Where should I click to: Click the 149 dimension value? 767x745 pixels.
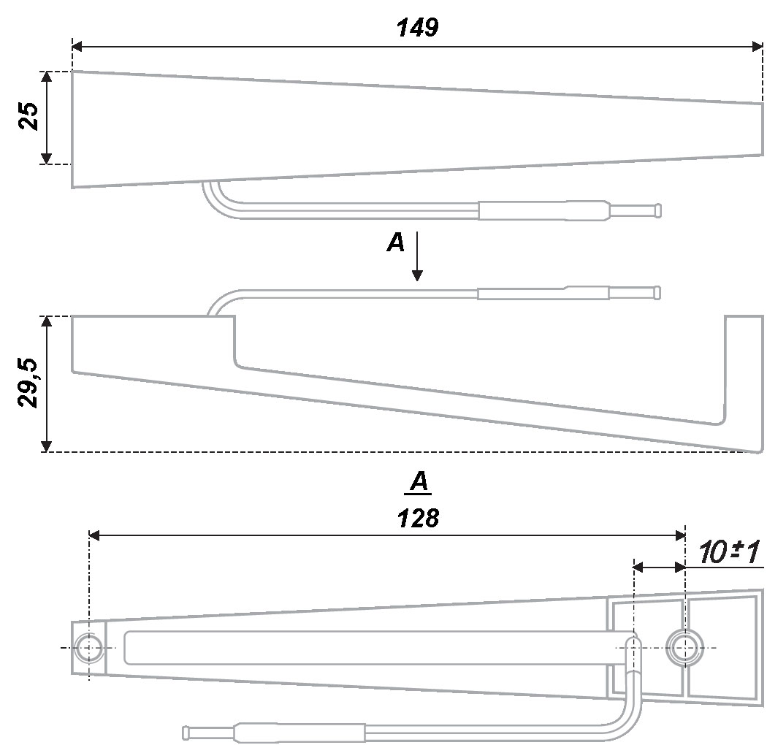click(x=417, y=28)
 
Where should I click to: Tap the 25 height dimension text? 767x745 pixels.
click(x=28, y=116)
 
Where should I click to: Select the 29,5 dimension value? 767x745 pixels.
click(x=28, y=383)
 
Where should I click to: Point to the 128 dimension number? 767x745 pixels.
click(x=419, y=518)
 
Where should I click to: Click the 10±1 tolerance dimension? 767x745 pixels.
click(x=729, y=551)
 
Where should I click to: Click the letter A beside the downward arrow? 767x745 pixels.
click(x=396, y=242)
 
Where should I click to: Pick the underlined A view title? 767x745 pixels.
click(x=419, y=482)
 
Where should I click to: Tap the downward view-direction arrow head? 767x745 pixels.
click(x=417, y=275)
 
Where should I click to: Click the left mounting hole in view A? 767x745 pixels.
click(x=88, y=648)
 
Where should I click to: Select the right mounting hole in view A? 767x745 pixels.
click(x=684, y=648)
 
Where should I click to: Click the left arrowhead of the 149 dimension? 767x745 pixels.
click(x=77, y=47)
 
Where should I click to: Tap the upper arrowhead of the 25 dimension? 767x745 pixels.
click(x=46, y=77)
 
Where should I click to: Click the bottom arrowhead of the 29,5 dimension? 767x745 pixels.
click(x=46, y=446)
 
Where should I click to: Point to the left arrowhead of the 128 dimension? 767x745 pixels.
click(x=94, y=535)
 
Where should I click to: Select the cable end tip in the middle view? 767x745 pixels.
click(x=658, y=292)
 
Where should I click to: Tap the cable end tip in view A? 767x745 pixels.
click(x=186, y=733)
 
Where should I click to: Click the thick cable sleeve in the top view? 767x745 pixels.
click(x=544, y=210)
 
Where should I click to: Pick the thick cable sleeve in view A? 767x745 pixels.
click(x=299, y=733)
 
